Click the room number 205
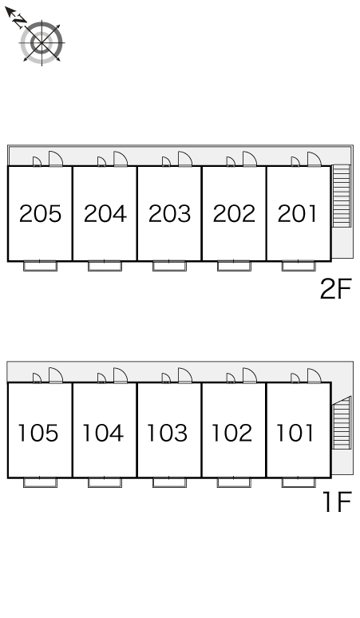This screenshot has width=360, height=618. [x=40, y=214]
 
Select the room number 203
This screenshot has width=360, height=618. [x=169, y=214]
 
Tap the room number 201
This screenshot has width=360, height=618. [x=297, y=214]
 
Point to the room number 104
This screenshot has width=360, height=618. [x=103, y=433]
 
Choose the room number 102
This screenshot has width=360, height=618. [x=232, y=433]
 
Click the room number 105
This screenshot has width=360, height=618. [x=38, y=433]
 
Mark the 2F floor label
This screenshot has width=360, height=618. [x=335, y=289]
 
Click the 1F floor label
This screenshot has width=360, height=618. [x=337, y=501]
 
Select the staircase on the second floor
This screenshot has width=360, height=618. [x=342, y=196]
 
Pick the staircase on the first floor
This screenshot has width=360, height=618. [x=342, y=423]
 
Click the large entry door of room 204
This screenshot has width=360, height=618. [x=121, y=159]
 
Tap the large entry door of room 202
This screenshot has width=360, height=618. [x=250, y=159]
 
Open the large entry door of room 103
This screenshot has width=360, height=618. [x=185, y=375]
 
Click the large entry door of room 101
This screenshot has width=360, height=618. [x=315, y=375]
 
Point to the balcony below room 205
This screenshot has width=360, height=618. [x=40, y=266]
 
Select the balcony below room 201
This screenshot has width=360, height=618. [x=299, y=266]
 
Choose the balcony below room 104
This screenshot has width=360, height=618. [x=105, y=482]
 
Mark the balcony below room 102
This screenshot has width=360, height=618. [x=234, y=482]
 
